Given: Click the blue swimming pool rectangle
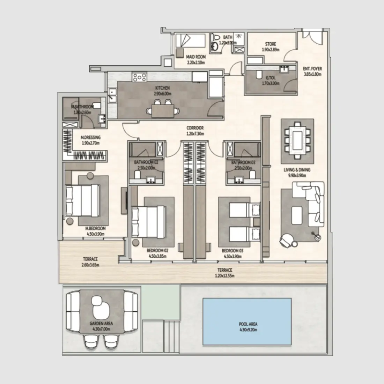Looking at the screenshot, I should click(x=247, y=321).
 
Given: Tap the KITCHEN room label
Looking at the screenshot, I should click(x=162, y=88).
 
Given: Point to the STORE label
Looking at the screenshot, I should click(x=271, y=44).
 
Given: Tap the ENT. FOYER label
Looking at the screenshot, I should click(x=312, y=69).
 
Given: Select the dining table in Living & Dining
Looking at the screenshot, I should click(x=297, y=136).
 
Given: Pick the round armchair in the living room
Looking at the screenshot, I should click(x=288, y=240).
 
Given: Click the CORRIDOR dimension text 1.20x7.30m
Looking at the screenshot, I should click(x=195, y=133).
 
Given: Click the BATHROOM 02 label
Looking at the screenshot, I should click(x=146, y=162).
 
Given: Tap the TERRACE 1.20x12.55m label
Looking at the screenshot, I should click(x=225, y=270).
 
